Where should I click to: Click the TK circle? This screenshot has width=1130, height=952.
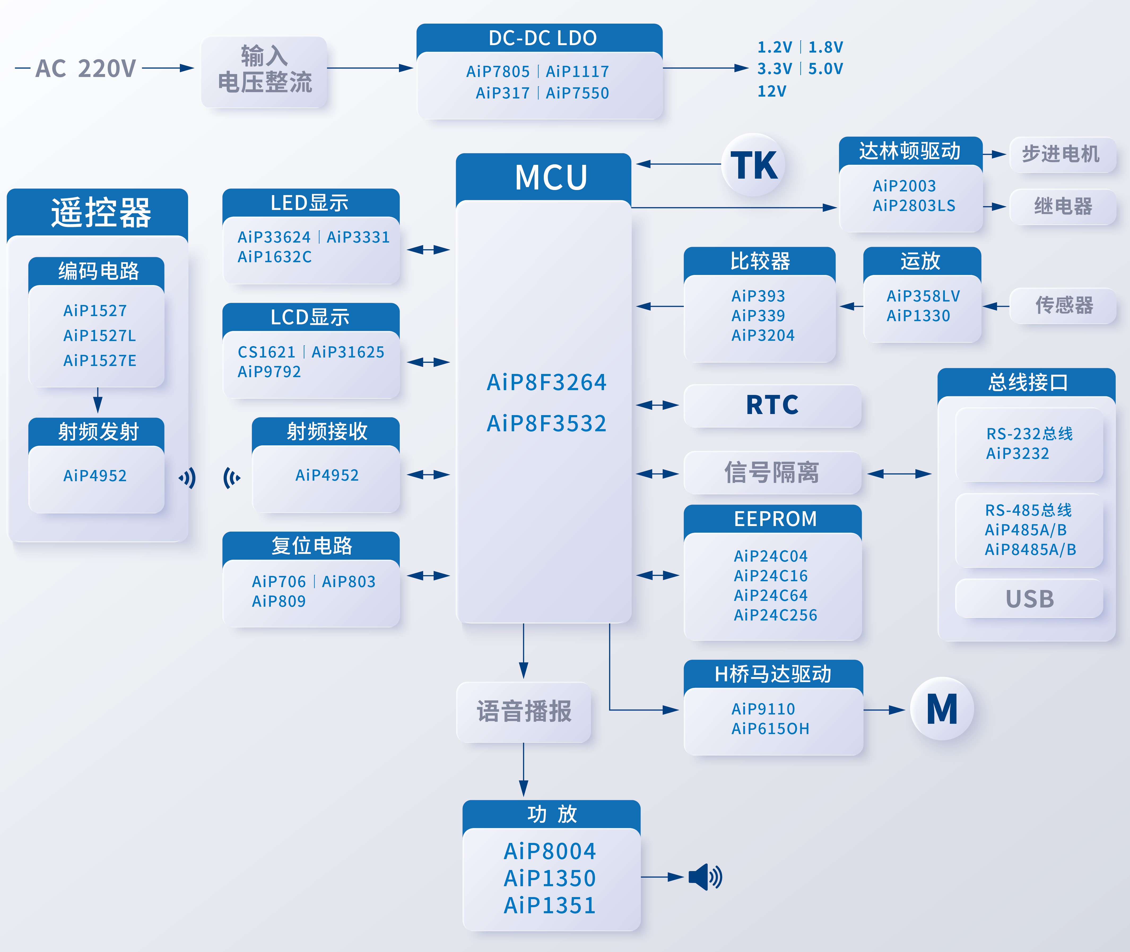754,165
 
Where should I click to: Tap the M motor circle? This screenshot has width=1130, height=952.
942,709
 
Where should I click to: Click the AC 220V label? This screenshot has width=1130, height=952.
85,68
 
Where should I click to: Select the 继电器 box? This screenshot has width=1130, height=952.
1063,206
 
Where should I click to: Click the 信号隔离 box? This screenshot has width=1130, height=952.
772,473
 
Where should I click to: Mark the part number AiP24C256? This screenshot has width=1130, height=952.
775,615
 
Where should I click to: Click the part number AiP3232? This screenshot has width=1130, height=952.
1017,453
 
